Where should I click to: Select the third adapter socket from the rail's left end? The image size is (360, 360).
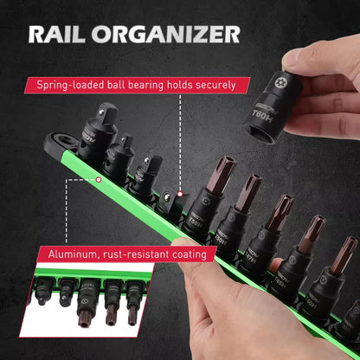coord(150,169)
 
